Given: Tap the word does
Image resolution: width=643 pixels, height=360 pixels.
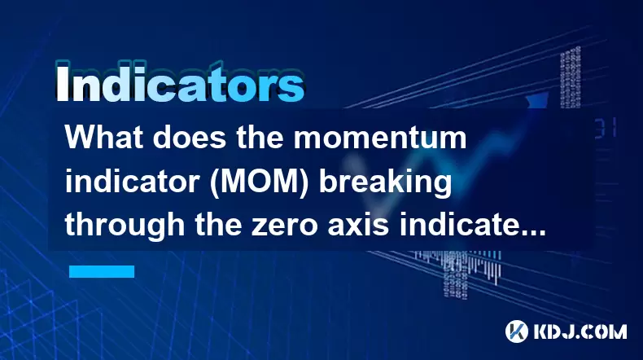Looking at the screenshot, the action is click(x=190, y=137).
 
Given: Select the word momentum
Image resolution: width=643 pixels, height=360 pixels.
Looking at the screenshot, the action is click(x=380, y=138).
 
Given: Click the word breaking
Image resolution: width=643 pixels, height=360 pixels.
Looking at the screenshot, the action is click(x=385, y=182).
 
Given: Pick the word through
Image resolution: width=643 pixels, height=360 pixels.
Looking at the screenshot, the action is click(x=125, y=226).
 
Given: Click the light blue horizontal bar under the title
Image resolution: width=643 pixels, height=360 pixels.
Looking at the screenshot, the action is click(x=102, y=271).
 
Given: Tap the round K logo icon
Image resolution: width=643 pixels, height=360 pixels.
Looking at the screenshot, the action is click(x=517, y=331).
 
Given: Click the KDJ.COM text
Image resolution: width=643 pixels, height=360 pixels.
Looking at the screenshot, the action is click(x=580, y=331).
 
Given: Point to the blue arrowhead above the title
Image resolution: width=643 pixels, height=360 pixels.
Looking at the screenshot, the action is click(x=537, y=101).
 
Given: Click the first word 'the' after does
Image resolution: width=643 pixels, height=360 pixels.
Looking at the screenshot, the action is click(x=259, y=137).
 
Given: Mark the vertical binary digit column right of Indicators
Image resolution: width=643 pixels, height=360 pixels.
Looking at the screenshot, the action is click(x=571, y=77).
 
